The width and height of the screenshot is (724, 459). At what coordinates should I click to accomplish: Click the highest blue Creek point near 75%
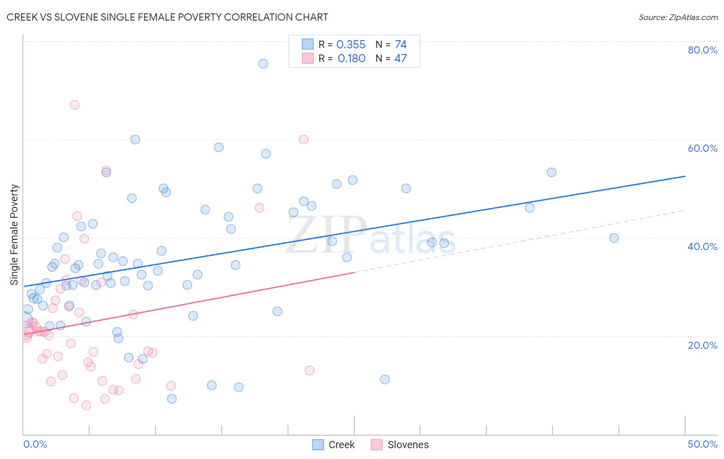263,64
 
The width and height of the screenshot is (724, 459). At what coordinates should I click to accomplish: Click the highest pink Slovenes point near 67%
75,104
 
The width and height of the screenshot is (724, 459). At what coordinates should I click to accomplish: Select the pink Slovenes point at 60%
304,139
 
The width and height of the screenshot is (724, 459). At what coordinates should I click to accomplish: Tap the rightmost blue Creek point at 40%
614,238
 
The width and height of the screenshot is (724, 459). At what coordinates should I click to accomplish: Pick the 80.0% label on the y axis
702,50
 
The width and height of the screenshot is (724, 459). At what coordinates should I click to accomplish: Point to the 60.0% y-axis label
702,148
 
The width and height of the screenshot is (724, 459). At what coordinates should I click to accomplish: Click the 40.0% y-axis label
702,246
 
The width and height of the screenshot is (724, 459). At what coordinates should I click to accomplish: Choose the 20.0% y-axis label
702,345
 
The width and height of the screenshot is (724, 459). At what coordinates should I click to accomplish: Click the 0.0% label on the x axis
35,444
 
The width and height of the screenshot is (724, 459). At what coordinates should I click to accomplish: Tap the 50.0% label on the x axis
702,444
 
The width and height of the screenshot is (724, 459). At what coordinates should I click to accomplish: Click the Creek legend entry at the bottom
334,445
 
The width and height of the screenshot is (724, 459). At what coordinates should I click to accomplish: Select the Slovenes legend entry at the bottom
400,445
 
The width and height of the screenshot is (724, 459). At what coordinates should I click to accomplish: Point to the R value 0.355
351,45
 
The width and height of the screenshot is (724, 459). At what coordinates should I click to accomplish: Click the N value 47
401,59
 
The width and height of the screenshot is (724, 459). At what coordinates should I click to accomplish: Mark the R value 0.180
352,59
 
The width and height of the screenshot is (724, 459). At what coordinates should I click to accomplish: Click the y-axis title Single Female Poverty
14,235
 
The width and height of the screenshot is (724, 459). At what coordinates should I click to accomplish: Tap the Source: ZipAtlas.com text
678,17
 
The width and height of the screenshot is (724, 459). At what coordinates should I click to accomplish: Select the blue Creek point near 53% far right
551,172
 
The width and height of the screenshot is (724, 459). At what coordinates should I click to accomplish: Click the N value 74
401,45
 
